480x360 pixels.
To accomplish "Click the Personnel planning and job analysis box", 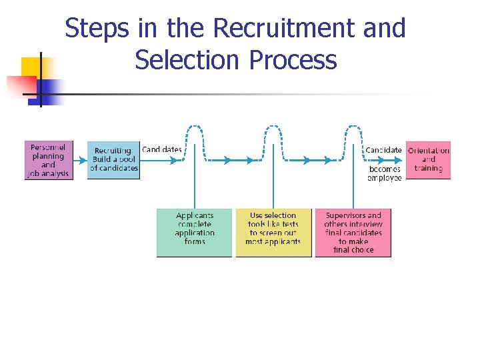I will (x=49, y=160).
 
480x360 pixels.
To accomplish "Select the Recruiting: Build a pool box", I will (x=113, y=160).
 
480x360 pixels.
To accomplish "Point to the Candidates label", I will (x=161, y=149).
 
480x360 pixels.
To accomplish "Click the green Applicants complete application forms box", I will (x=194, y=233).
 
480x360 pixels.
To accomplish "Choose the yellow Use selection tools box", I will (x=273, y=233).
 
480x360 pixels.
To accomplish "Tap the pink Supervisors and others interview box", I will (x=353, y=233).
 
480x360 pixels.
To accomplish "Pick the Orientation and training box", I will (x=428, y=160).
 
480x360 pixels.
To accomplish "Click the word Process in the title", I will (x=293, y=60).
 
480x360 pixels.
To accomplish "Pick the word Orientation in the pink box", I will (x=428, y=151).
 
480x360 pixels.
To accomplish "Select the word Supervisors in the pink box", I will (x=353, y=215).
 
